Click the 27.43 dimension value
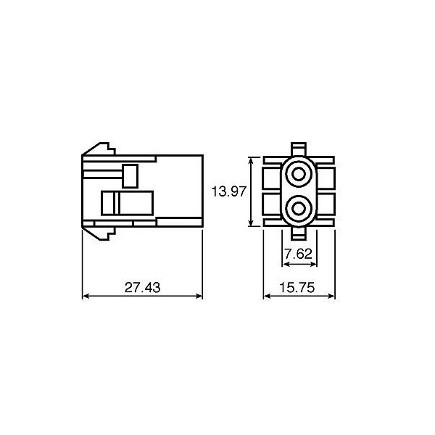[x=142, y=287]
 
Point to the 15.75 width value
[x=298, y=287]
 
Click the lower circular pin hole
[x=299, y=209]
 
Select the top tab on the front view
[x=299, y=149]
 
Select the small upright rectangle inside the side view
[x=130, y=175]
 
